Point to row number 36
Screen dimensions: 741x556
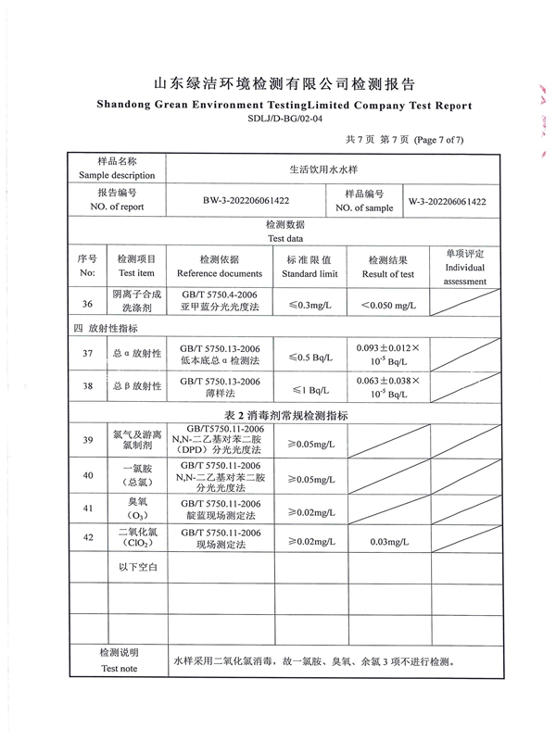[87, 304]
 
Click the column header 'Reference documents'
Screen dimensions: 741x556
[220, 274]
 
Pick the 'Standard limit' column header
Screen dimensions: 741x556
[310, 274]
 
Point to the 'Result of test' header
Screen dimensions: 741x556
[388, 274]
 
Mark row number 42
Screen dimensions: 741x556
[87, 538]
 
